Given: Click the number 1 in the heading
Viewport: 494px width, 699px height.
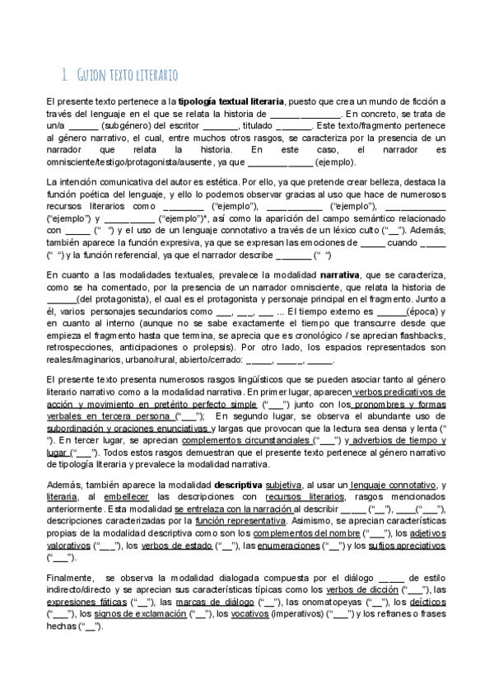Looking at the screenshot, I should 66,75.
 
